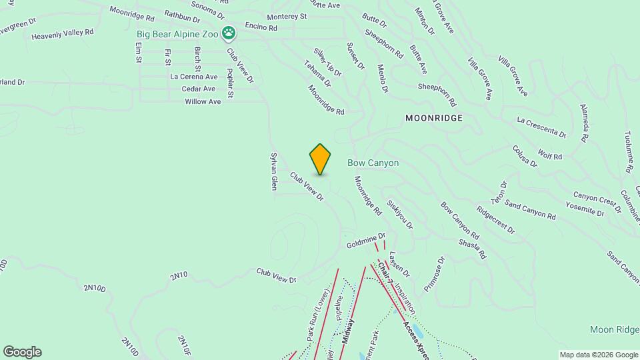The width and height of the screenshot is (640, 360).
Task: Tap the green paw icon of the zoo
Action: [229, 31]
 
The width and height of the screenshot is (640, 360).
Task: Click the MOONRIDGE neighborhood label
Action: [433, 117]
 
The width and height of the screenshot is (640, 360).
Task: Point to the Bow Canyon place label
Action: [373, 163]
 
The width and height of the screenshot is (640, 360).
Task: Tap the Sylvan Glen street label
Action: [273, 172]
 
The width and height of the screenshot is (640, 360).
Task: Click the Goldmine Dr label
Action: [366, 241]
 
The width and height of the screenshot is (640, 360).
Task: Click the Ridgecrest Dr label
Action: [495, 219]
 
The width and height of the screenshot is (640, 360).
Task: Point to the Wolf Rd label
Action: [550, 156]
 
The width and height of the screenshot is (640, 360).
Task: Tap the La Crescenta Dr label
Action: [541, 126]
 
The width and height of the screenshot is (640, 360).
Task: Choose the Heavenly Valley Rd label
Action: [63, 32]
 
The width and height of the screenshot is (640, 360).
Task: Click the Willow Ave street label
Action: [203, 101]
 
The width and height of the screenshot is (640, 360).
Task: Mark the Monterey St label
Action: [286, 16]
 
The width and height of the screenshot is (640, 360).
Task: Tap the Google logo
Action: [22, 352]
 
